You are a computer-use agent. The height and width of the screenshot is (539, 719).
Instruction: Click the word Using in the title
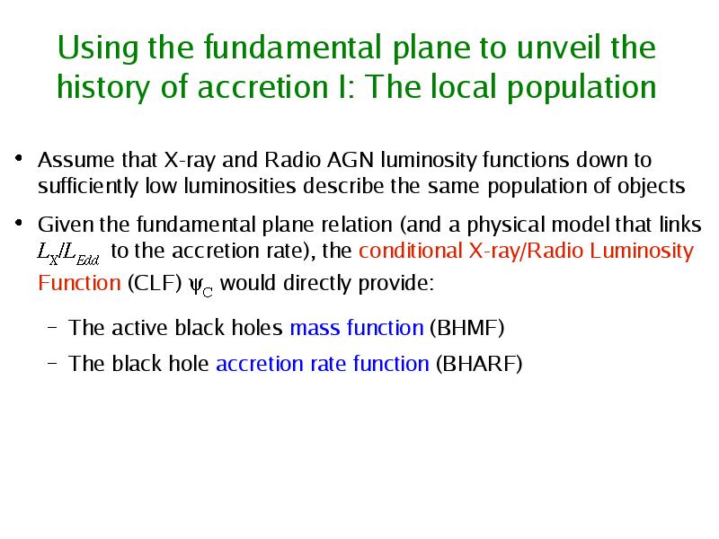point(98,49)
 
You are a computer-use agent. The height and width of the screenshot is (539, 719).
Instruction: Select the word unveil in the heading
point(559,47)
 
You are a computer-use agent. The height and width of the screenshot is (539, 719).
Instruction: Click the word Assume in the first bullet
point(76,160)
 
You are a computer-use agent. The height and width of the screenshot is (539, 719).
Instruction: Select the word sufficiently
point(88,187)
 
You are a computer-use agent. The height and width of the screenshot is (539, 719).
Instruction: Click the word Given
point(66,225)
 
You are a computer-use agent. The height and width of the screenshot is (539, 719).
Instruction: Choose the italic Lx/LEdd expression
point(68,253)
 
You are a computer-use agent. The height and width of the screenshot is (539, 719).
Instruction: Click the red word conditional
point(411,251)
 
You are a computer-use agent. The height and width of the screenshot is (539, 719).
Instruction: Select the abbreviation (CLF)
point(155,283)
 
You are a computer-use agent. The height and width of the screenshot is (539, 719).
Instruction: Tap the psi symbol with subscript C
point(200,286)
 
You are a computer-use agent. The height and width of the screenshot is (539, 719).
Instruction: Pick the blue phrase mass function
point(357,328)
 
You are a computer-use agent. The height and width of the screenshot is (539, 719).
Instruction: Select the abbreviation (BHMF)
point(466,328)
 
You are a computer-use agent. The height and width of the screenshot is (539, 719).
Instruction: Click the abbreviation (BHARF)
point(479,364)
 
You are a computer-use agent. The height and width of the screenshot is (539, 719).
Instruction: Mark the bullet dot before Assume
point(19,159)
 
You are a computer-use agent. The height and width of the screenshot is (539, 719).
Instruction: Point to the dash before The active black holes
point(53,328)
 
